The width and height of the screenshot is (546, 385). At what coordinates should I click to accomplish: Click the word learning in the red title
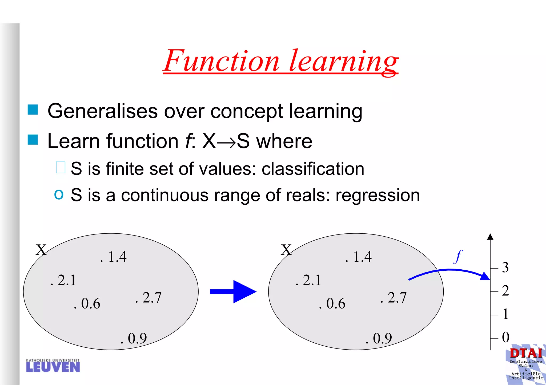tap(344, 61)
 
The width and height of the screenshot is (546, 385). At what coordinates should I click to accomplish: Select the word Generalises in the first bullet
tap(102, 111)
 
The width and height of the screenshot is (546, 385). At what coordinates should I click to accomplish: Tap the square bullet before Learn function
tap(33, 140)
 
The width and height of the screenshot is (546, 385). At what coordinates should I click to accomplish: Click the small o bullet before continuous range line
tap(59, 194)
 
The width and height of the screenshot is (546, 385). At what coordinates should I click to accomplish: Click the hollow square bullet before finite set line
tap(61, 168)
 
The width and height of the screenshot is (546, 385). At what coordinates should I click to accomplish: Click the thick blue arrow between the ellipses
tap(233, 291)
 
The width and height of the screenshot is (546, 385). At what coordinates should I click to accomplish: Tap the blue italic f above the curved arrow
tap(458, 256)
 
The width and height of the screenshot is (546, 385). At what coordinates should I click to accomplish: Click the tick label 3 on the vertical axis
tap(505, 267)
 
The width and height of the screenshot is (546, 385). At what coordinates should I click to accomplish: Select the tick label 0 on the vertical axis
tap(505, 337)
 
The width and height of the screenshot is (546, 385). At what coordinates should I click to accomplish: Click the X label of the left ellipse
tap(41, 250)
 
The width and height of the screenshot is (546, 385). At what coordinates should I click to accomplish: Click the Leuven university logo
tap(53, 366)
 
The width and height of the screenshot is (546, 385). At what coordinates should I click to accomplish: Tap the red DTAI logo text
tap(526, 353)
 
